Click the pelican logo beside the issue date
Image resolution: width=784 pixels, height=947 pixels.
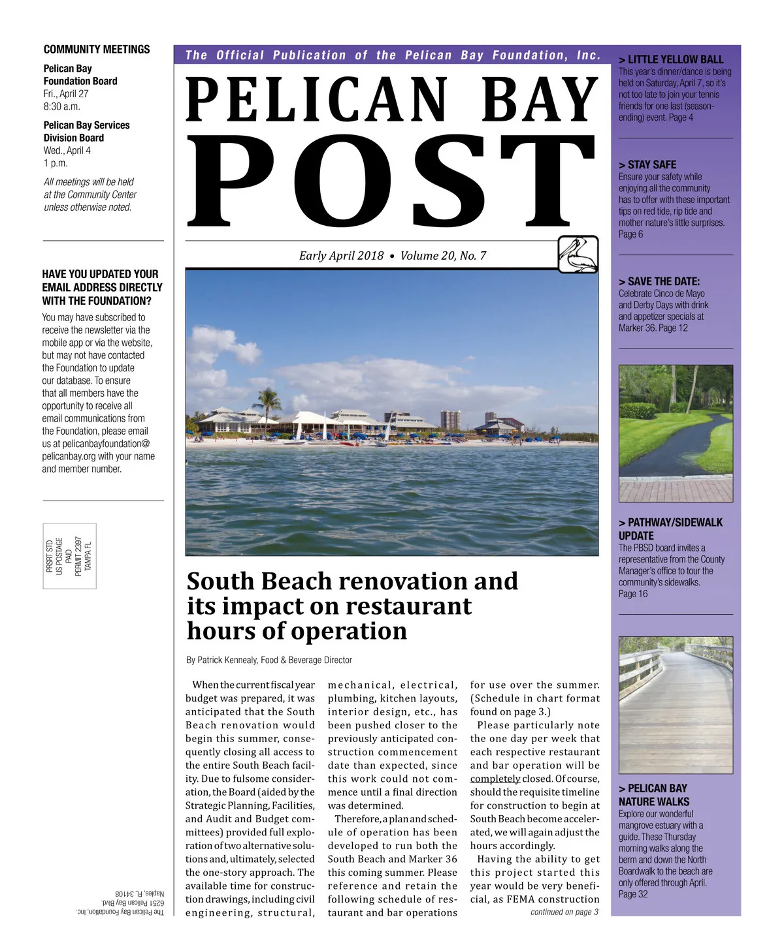click(x=578, y=254)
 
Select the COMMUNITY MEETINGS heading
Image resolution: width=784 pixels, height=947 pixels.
click(x=97, y=50)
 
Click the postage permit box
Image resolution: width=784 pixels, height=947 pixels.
click(x=70, y=555)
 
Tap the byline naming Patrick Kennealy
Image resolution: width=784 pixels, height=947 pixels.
click(x=269, y=660)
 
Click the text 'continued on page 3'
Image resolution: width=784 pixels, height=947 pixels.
click(x=564, y=912)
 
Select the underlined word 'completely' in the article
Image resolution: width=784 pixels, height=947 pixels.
click(x=495, y=779)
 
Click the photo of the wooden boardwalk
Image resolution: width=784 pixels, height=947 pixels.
click(x=676, y=705)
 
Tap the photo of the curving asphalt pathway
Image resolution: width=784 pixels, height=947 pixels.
click(x=676, y=433)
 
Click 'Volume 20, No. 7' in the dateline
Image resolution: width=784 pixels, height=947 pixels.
click(x=443, y=256)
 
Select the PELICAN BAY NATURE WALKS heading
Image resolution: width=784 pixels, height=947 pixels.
click(x=653, y=795)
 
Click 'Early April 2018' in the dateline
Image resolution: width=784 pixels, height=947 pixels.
click(x=341, y=256)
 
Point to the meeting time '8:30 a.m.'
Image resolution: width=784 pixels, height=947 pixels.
click(x=62, y=106)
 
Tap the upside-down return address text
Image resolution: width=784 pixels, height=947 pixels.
click(x=120, y=903)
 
